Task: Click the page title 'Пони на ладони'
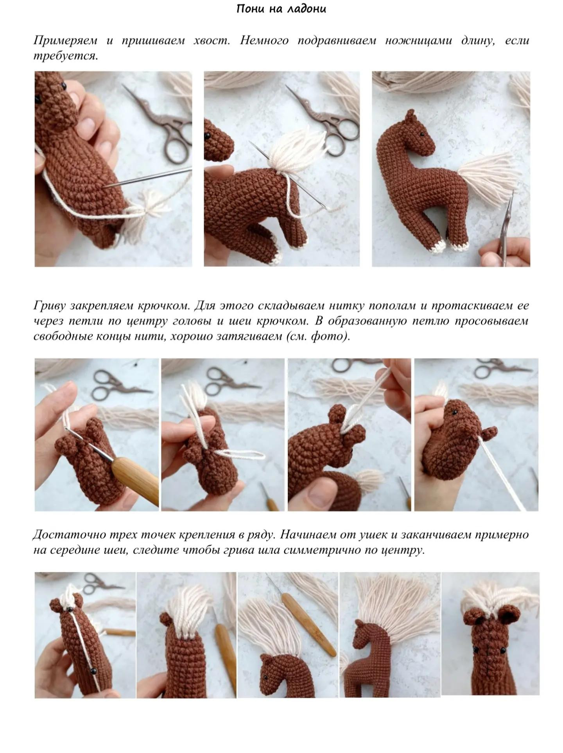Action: tap(281, 9)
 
